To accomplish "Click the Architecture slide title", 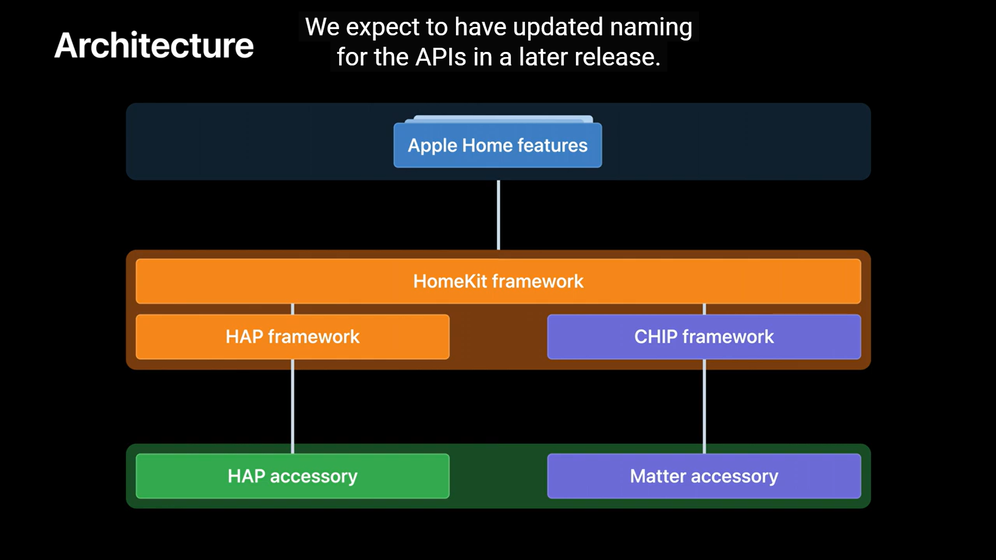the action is point(154,45).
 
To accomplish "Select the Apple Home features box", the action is point(497,145).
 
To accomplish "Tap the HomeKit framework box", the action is point(498,281).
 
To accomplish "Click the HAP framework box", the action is point(292,337).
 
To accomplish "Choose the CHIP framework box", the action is point(704,337).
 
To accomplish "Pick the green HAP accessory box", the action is point(292,476).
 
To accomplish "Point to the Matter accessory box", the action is point(704,476).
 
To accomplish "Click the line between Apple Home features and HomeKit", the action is point(499,215).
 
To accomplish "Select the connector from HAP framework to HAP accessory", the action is point(292,406).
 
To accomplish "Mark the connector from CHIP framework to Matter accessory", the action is point(704,406).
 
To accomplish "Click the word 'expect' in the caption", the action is point(382,28).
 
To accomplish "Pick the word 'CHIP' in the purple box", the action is point(656,337).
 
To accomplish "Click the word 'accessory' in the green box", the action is point(314,477).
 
